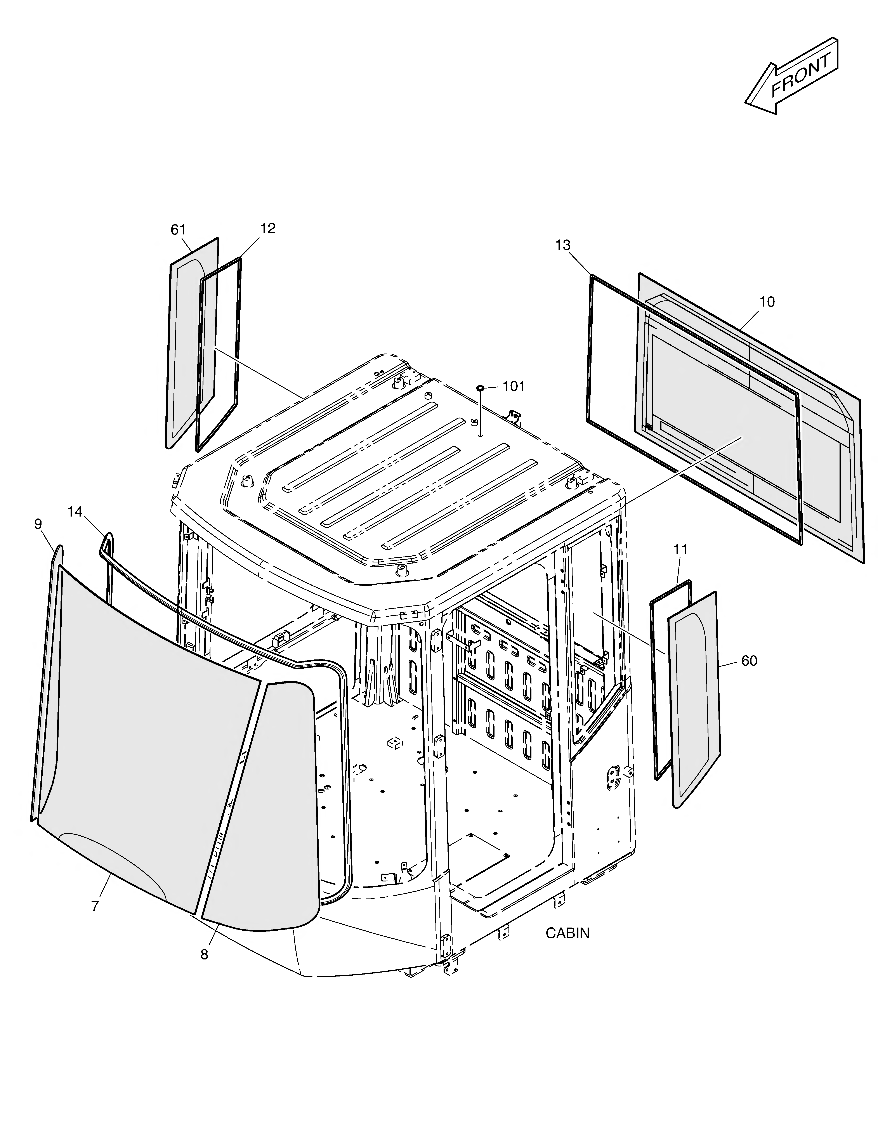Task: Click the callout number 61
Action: [x=178, y=229]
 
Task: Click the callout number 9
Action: [x=38, y=524]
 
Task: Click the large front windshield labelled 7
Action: [x=146, y=739]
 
